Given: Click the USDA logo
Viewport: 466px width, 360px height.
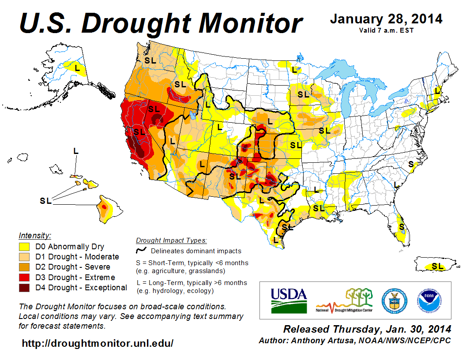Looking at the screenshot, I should click(x=289, y=300).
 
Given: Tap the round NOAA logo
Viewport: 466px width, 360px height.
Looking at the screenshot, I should click(x=428, y=300).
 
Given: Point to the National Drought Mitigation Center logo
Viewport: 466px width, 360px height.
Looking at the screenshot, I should click(x=345, y=300).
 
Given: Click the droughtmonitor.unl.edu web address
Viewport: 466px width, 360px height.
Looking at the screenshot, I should click(x=98, y=343).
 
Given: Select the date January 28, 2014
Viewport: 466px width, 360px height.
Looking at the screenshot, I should click(x=386, y=19).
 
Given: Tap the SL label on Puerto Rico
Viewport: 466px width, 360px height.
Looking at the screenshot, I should click(x=437, y=266).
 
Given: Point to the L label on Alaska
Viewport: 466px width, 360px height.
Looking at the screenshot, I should click(x=78, y=68).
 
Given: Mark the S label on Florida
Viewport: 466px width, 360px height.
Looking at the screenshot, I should click(x=401, y=226).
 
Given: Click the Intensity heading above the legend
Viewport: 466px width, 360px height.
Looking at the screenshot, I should click(x=35, y=235).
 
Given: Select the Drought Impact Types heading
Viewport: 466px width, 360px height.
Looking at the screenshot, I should click(x=171, y=240).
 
